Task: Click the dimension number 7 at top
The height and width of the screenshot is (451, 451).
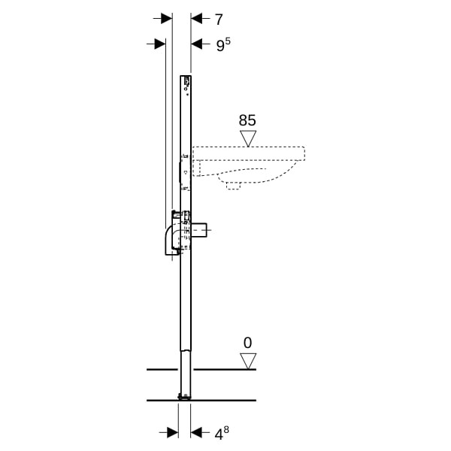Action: [219, 20]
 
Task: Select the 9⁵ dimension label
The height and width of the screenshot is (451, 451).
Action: [223, 44]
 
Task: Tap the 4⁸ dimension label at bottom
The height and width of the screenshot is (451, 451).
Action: [222, 433]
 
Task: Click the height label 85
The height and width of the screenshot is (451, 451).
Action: [247, 120]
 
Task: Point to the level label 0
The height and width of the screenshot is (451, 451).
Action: [247, 343]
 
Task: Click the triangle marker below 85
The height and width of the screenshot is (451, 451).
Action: [248, 138]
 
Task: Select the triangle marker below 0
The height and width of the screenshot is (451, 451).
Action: [248, 362]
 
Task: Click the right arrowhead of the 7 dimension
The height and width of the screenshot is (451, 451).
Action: [196, 19]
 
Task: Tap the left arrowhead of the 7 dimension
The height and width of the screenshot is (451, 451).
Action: [167, 19]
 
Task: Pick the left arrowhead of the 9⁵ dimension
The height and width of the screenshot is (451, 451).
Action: [160, 44]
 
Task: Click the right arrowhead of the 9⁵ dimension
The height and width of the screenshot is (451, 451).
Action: [196, 44]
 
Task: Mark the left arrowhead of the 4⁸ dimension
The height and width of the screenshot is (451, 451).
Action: [173, 433]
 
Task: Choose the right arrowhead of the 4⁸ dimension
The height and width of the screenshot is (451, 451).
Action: [196, 433]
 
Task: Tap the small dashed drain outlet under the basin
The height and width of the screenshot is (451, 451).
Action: [233, 186]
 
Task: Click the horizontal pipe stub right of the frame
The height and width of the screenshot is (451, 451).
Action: [199, 230]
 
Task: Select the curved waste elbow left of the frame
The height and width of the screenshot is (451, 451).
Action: [170, 241]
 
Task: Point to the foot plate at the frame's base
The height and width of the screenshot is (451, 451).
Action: [184, 397]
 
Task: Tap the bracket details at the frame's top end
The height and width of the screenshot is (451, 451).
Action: [186, 83]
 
